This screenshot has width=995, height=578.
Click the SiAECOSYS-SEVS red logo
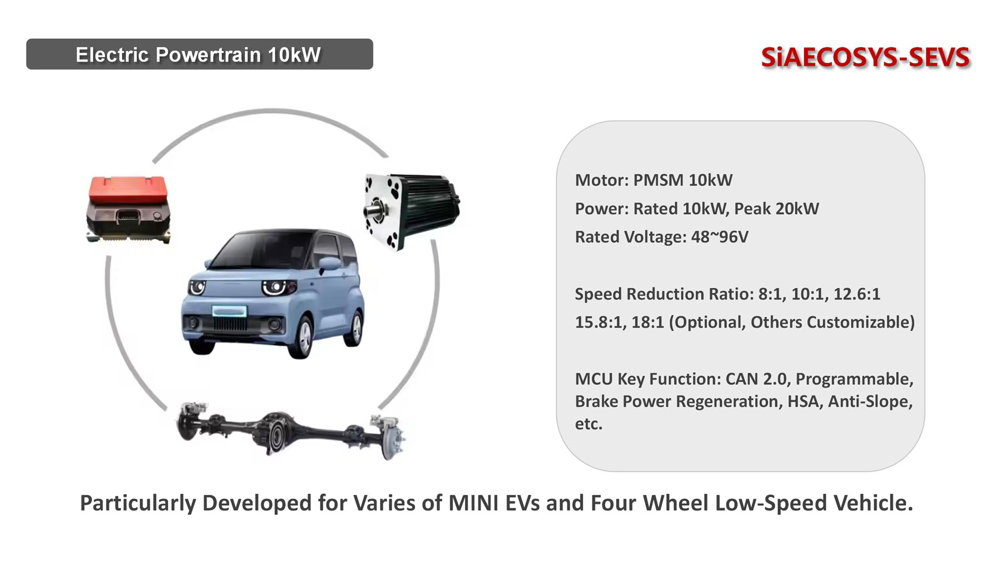(865, 58)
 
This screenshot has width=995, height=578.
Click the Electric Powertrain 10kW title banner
(199, 54)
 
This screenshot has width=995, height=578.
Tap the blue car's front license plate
(229, 311)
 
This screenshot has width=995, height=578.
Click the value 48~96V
(720, 237)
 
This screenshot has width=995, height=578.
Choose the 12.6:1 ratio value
(857, 294)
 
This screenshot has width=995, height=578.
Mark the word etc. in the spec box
(588, 424)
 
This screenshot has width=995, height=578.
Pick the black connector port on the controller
(127, 216)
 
